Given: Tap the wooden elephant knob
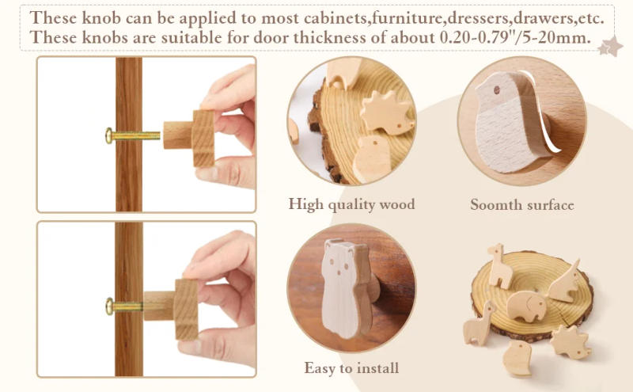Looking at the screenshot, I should coord(525,306).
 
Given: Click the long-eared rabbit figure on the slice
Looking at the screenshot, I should coord(567,282).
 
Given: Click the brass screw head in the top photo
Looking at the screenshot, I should coord(109,135).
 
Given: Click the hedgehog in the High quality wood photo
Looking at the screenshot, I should coord(385,112).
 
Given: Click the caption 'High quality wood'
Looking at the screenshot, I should coord(351,204).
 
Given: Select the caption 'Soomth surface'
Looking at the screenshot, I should coord(521,205).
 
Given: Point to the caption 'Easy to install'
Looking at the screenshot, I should coord(351,368).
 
